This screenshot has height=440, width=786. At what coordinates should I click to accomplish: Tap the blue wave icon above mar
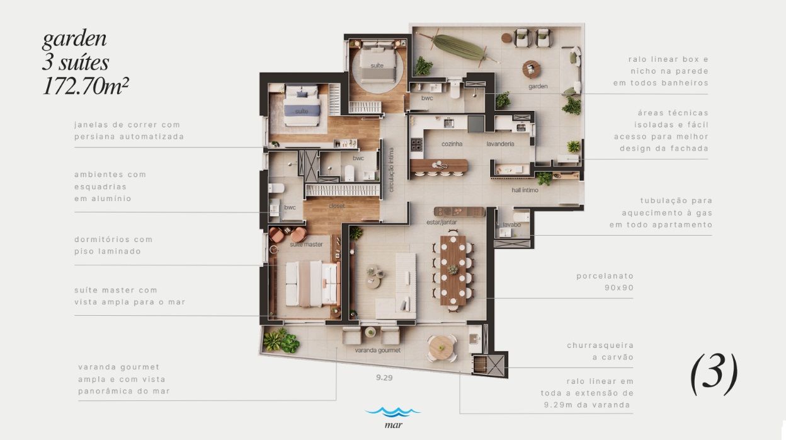[392, 412]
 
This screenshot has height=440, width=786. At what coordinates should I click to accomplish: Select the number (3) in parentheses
[714, 374]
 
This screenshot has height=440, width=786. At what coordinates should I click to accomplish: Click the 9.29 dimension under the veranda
[384, 378]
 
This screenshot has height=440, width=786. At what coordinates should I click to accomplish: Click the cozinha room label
[452, 144]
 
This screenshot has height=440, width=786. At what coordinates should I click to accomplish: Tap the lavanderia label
[500, 144]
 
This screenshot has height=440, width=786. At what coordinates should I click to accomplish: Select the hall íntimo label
[525, 190]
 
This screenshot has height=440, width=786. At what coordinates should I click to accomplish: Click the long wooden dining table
[453, 270]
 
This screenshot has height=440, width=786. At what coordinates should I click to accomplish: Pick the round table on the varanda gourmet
[441, 347]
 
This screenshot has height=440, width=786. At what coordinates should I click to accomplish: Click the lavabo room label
[511, 225]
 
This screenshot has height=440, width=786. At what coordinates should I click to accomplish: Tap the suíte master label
[306, 245]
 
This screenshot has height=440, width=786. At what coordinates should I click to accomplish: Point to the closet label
[337, 206]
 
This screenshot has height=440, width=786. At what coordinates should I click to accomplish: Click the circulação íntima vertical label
[391, 170]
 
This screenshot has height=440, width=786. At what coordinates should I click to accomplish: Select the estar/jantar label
[441, 223]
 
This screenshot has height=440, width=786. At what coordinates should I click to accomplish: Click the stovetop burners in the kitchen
[416, 144]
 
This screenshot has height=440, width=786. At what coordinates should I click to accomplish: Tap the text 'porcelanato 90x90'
[605, 282]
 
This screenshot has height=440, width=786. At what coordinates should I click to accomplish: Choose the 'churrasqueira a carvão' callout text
[600, 352]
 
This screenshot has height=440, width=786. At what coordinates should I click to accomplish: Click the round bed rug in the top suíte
[377, 69]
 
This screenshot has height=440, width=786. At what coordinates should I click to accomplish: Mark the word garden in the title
[74, 39]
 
